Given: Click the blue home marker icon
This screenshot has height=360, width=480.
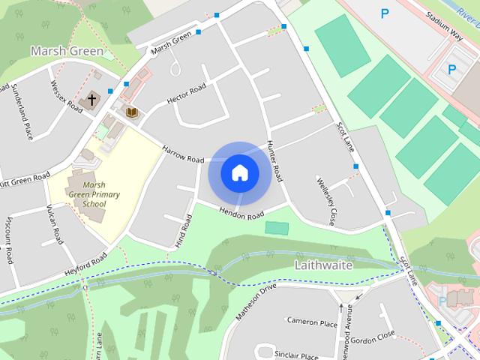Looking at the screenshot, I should point(239,172).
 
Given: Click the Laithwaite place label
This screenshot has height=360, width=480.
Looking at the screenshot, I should point(323,265).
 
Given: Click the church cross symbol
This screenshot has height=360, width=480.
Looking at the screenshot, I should point(92,100).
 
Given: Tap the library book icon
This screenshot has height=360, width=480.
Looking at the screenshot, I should point(132,112).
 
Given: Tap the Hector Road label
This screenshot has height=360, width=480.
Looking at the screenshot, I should point(186,94).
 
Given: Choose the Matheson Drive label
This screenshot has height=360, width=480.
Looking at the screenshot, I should point(256,302).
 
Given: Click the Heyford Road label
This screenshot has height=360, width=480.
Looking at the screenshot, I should point(85,265).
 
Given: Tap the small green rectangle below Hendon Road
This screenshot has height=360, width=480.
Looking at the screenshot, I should point(277,228).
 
